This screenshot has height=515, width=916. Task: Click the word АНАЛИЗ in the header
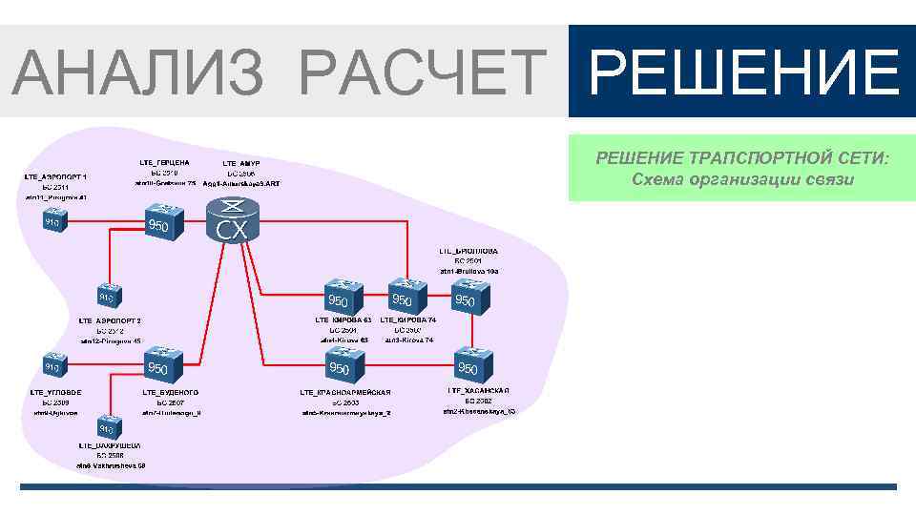point(138,72)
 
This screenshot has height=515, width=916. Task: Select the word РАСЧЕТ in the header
point(420,72)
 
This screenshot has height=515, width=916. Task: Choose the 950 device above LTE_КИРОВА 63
point(339,297)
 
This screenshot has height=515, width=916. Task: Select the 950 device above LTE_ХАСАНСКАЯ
point(469,363)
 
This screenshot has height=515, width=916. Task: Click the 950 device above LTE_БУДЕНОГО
point(158,363)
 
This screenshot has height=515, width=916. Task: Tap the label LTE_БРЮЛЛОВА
point(468,251)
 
